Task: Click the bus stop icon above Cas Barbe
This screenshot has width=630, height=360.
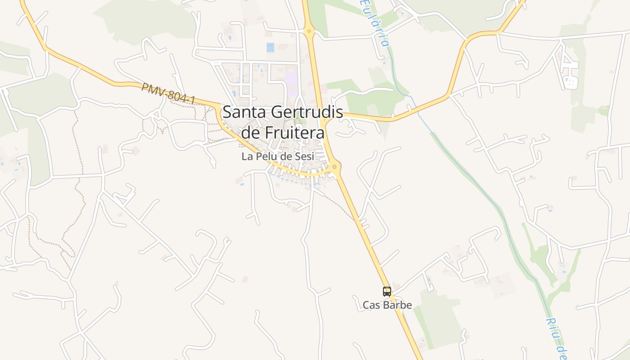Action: coord(387,291)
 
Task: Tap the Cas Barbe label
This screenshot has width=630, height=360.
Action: coord(387,305)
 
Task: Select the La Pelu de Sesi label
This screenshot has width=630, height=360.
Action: coord(277,157)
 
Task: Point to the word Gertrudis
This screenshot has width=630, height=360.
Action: coord(306,112)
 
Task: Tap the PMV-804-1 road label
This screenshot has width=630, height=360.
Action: coord(168,94)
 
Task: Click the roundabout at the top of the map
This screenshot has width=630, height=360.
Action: coord(309,31)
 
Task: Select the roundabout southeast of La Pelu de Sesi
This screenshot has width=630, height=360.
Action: coord(334,167)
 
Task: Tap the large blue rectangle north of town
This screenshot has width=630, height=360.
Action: coord(270,47)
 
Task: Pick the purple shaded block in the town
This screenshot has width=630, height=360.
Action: coord(292,81)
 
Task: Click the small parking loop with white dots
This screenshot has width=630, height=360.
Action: coord(570,82)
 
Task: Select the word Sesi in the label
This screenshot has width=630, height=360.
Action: coord(304,157)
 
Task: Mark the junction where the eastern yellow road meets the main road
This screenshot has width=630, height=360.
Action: coord(325,118)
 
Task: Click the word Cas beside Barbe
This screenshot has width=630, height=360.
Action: coord(371,305)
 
